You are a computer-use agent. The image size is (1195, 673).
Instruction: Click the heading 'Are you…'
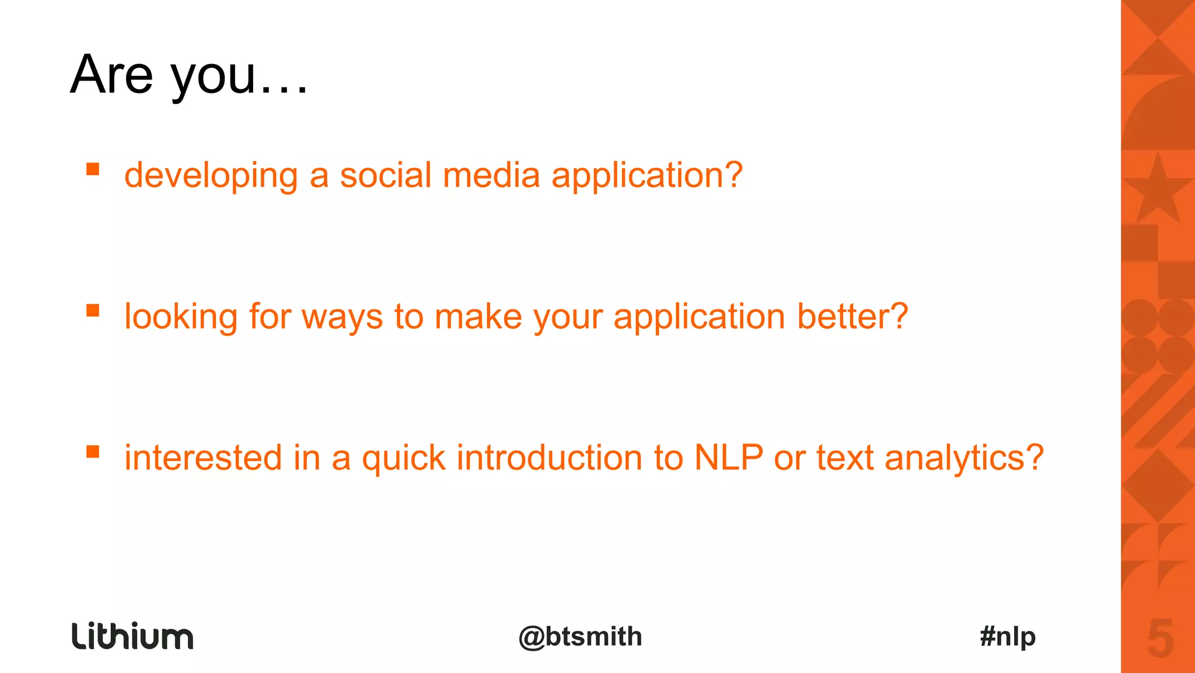pos(188,75)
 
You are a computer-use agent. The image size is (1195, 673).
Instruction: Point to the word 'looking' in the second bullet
pos(180,317)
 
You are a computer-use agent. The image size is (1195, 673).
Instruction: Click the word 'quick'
pos(403,458)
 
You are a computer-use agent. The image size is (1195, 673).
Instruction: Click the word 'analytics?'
pos(963,458)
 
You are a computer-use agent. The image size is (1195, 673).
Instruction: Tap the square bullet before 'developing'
pos(93,169)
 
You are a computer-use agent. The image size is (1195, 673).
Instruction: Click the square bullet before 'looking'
pos(93,310)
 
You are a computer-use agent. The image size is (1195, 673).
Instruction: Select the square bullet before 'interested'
pos(93,451)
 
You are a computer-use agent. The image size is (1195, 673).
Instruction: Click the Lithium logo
pos(132,636)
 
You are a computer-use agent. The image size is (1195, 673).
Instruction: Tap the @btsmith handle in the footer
pos(580,637)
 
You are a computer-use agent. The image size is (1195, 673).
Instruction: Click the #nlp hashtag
pos(1008,637)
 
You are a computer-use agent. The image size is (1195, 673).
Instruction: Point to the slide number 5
pos(1160,639)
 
